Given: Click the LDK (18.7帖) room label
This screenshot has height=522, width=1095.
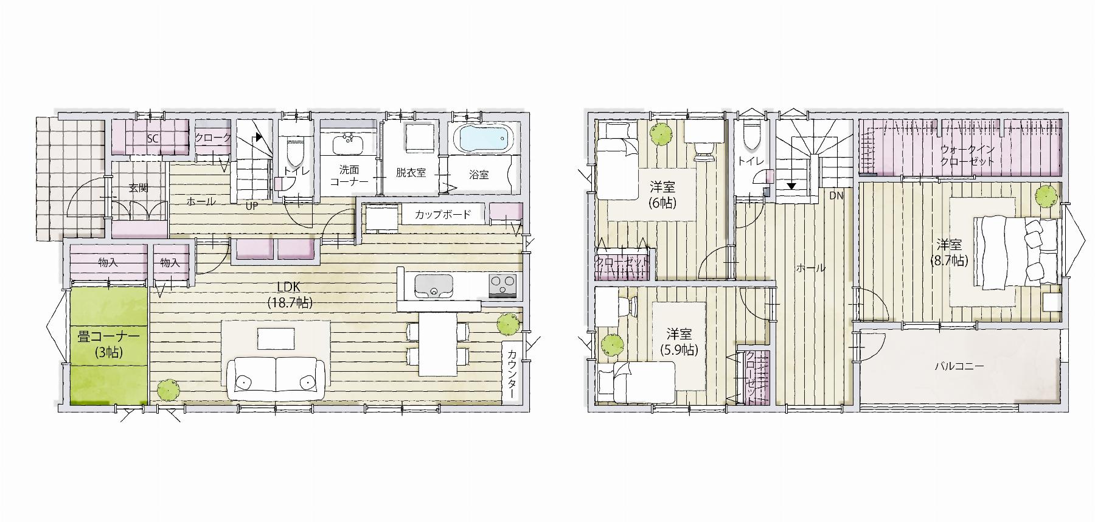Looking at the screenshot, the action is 290,294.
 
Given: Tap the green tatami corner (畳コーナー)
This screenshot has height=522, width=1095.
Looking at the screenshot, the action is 109,346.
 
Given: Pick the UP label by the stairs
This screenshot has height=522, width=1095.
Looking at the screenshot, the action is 252,206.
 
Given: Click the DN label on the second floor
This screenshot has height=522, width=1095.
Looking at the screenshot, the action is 836,196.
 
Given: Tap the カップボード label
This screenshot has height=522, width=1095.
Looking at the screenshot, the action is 443,215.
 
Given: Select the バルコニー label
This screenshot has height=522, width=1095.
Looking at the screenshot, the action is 959,366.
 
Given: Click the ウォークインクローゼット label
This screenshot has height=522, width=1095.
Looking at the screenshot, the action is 967,155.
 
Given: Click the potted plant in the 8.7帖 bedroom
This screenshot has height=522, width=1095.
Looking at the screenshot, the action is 1046,197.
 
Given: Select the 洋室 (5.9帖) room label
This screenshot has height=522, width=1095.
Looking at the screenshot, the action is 679,342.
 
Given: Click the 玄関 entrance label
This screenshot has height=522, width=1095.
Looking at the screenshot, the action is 139,188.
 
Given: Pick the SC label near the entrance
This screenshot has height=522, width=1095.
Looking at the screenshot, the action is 152,139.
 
